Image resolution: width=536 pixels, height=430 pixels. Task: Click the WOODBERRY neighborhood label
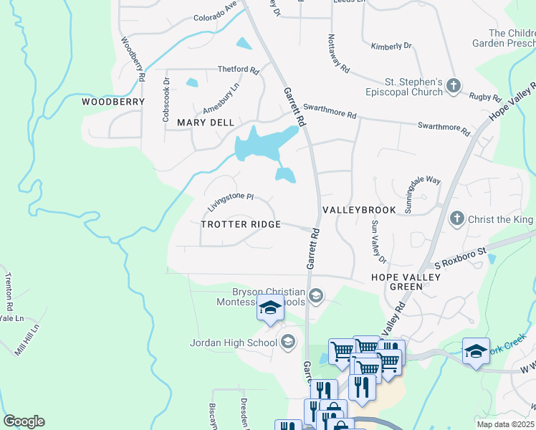(x=113, y=102)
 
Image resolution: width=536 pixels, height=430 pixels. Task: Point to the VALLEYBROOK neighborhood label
(x=359, y=210)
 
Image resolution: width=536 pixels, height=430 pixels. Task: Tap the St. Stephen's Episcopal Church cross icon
(x=453, y=86)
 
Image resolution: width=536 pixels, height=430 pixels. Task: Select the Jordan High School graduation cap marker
(x=288, y=341)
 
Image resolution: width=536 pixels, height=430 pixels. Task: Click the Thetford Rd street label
(x=239, y=70)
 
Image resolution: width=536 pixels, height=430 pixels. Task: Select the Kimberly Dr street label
(x=391, y=46)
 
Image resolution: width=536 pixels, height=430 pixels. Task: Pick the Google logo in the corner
(x=24, y=421)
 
